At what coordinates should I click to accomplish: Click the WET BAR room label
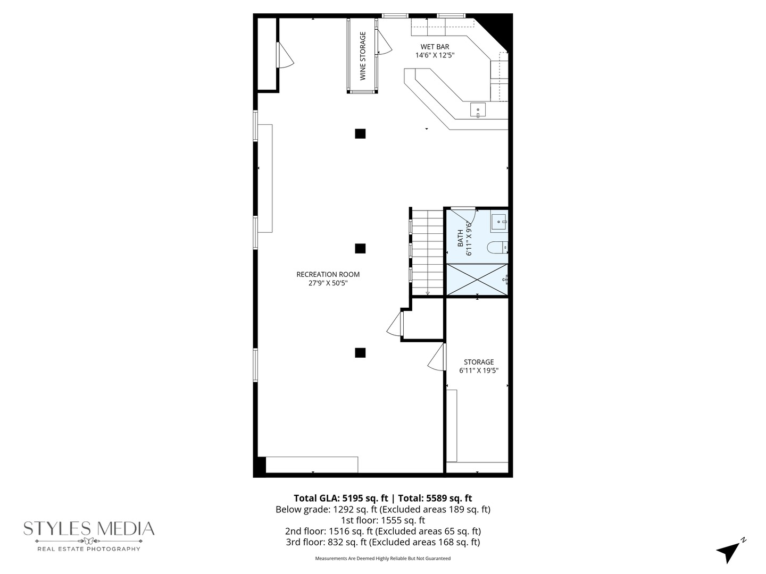point(435,47)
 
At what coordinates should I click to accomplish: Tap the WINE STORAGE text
point(363,56)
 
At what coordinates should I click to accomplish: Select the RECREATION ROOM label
point(328,274)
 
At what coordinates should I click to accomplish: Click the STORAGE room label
point(478,362)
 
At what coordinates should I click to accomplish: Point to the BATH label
point(461,238)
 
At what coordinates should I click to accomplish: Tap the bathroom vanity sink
point(499,222)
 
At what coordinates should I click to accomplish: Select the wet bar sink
point(478,111)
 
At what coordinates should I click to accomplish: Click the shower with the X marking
point(477,279)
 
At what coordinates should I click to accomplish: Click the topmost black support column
point(360,133)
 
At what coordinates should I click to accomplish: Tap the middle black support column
point(360,248)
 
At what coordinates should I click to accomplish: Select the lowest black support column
point(360,352)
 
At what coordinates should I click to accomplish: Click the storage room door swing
point(437,358)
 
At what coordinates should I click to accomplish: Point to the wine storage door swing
point(384,43)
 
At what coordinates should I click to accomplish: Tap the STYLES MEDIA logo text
point(89,529)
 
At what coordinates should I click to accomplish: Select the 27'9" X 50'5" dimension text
point(328,283)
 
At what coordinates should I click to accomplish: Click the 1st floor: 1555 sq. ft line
point(382,520)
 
